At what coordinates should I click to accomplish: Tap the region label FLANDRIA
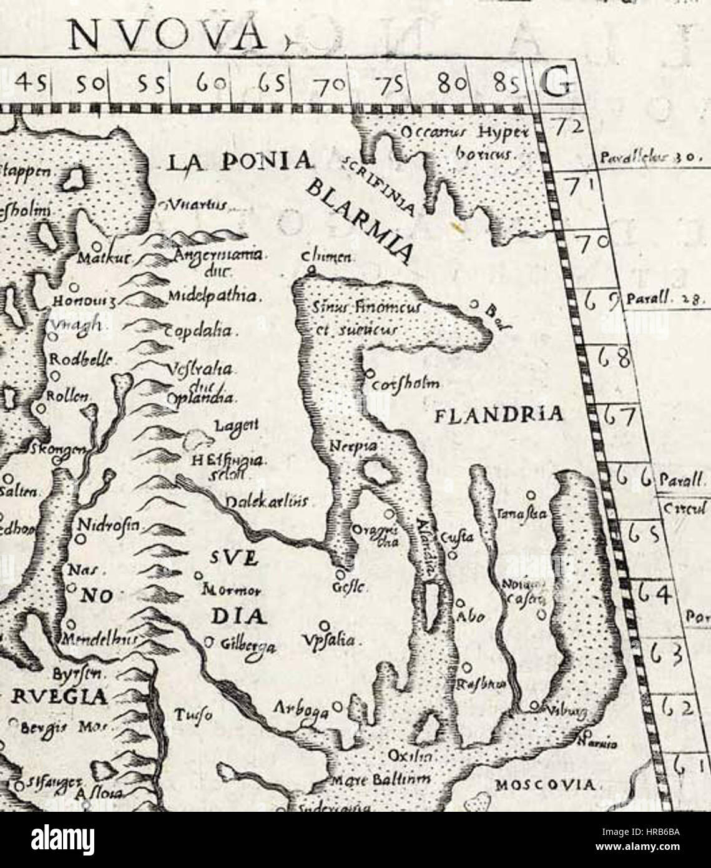pos(498,415)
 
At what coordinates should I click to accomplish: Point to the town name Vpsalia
pos(333,641)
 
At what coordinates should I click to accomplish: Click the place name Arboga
pos(302,709)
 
